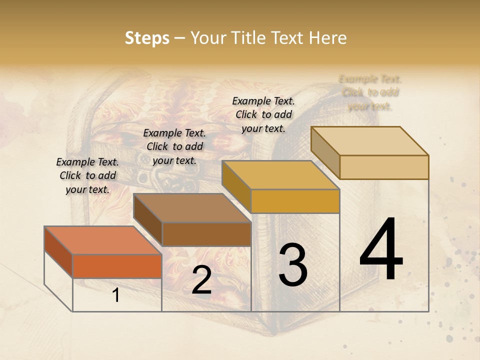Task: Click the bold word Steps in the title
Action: (x=147, y=38)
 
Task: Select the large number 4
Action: (x=381, y=249)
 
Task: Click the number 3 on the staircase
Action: (x=293, y=265)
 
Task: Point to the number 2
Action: (x=201, y=280)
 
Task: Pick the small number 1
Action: (x=116, y=295)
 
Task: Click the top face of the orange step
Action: (x=103, y=240)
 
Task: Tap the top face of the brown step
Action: (x=192, y=207)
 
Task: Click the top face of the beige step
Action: (x=370, y=140)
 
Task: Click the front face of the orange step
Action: (x=117, y=266)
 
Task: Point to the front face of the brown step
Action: (x=206, y=234)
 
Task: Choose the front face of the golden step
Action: (x=295, y=201)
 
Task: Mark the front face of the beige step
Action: (x=384, y=167)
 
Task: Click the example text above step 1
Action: (x=87, y=175)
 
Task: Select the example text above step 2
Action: (x=174, y=146)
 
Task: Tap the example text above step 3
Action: (x=263, y=114)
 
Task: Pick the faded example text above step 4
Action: (x=370, y=92)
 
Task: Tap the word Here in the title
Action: (x=328, y=38)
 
